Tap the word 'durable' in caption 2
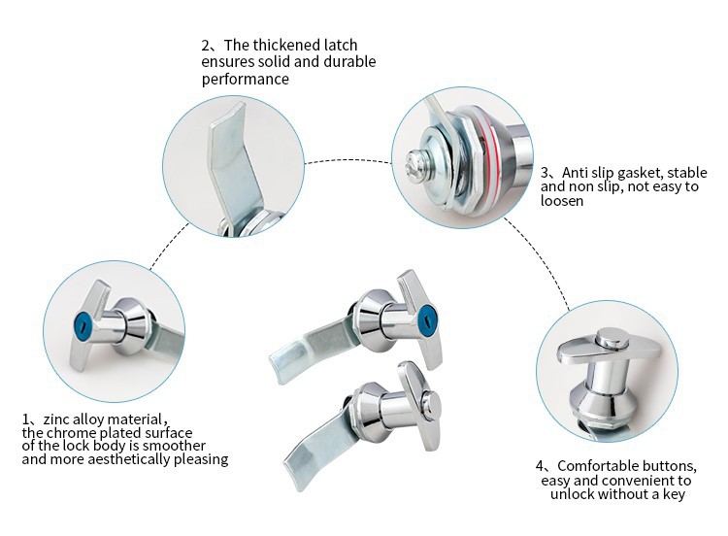(x=349, y=62)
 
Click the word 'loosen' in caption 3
(x=562, y=201)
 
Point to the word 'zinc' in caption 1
(x=56, y=419)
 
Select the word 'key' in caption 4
(x=674, y=494)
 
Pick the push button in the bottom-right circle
(x=612, y=337)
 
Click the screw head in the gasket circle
(x=416, y=165)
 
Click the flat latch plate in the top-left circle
(x=231, y=162)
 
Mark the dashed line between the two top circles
(x=347, y=161)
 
